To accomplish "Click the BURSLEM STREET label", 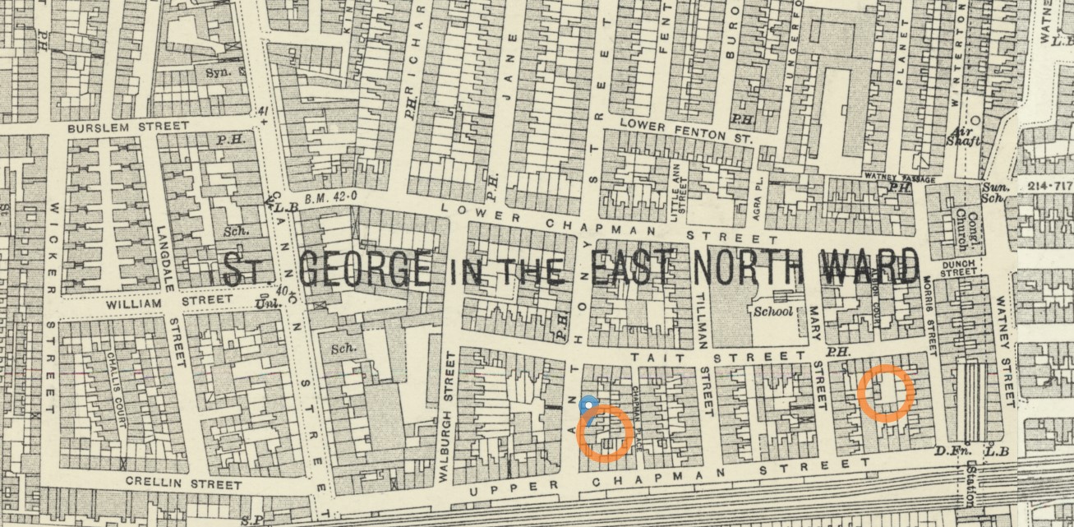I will click(127, 128).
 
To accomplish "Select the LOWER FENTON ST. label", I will click(685, 129).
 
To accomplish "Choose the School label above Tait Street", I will click(772, 312).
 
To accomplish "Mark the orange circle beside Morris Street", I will click(886, 394).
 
